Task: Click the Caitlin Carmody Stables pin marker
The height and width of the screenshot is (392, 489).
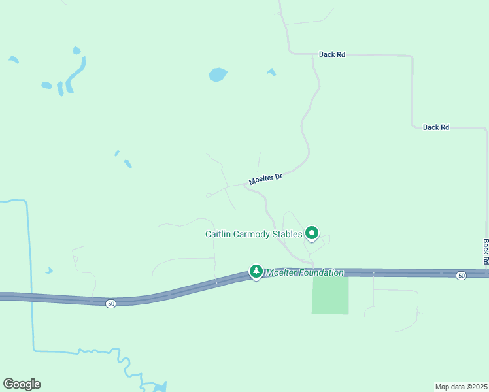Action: tap(312, 233)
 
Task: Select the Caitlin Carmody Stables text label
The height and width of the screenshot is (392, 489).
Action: tap(254, 234)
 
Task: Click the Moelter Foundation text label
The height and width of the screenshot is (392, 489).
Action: tap(304, 272)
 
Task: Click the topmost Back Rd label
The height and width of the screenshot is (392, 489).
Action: tap(332, 55)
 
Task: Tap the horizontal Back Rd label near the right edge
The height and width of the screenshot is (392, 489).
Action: tap(435, 127)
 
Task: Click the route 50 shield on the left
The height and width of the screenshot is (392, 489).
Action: tap(111, 304)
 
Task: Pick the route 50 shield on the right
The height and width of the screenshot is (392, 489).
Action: tap(462, 276)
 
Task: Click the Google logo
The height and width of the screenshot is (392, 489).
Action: tap(22, 384)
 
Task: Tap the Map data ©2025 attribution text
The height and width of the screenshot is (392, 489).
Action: tap(461, 386)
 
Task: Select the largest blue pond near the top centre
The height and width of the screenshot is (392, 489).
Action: tap(218, 74)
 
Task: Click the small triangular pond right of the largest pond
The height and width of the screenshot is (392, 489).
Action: tap(271, 72)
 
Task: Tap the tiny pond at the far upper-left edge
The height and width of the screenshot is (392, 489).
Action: tap(13, 59)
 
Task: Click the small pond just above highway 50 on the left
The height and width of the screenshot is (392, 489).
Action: tap(49, 270)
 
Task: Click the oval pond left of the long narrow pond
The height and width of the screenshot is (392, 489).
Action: tap(46, 85)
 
